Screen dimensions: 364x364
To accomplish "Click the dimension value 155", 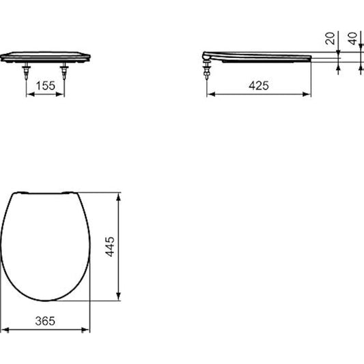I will click(x=46, y=85).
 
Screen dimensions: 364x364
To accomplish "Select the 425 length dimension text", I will click(x=258, y=85).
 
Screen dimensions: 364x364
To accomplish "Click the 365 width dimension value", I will click(x=45, y=320).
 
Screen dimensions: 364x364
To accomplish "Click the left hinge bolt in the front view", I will click(x=27, y=69).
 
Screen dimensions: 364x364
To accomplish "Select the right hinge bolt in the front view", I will click(x=66, y=69).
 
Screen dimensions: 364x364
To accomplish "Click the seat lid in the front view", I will click(x=46, y=55).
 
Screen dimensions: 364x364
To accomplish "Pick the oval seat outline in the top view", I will click(x=46, y=246).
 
